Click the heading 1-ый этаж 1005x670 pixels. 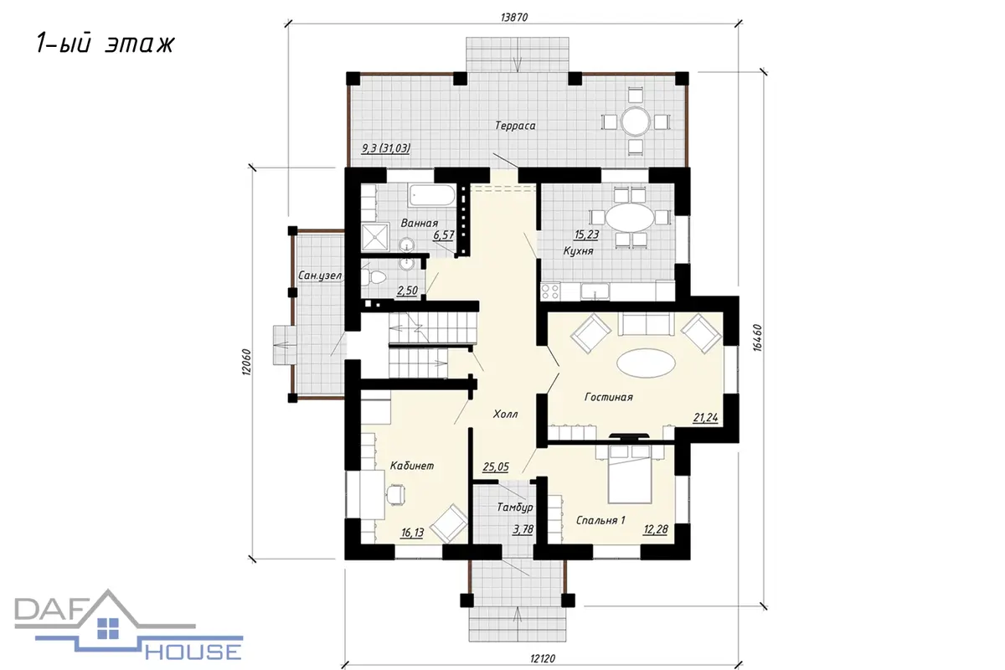pyautogui.click(x=105, y=44)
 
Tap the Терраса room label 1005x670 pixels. pyautogui.click(x=515, y=126)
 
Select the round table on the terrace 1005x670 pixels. pyautogui.click(x=636, y=121)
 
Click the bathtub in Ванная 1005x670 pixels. pyautogui.click(x=431, y=196)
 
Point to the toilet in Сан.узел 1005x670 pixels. pyautogui.click(x=373, y=277)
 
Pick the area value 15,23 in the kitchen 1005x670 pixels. pyautogui.click(x=586, y=234)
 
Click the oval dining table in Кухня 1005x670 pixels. pyautogui.click(x=630, y=218)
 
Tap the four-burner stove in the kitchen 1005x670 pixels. pyautogui.click(x=550, y=291)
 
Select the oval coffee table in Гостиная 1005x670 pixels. pyautogui.click(x=646, y=363)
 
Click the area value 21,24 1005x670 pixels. pyautogui.click(x=706, y=418)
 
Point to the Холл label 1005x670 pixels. pyautogui.click(x=505, y=414)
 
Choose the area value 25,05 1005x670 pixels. pyautogui.click(x=496, y=467)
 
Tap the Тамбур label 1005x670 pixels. pyautogui.click(x=515, y=508)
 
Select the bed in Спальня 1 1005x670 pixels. pyautogui.click(x=630, y=474)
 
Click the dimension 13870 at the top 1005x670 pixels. pyautogui.click(x=514, y=17)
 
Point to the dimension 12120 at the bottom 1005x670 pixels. pyautogui.click(x=543, y=659)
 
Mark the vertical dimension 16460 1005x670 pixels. pyautogui.click(x=757, y=338)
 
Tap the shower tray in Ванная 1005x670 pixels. pyautogui.click(x=375, y=237)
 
